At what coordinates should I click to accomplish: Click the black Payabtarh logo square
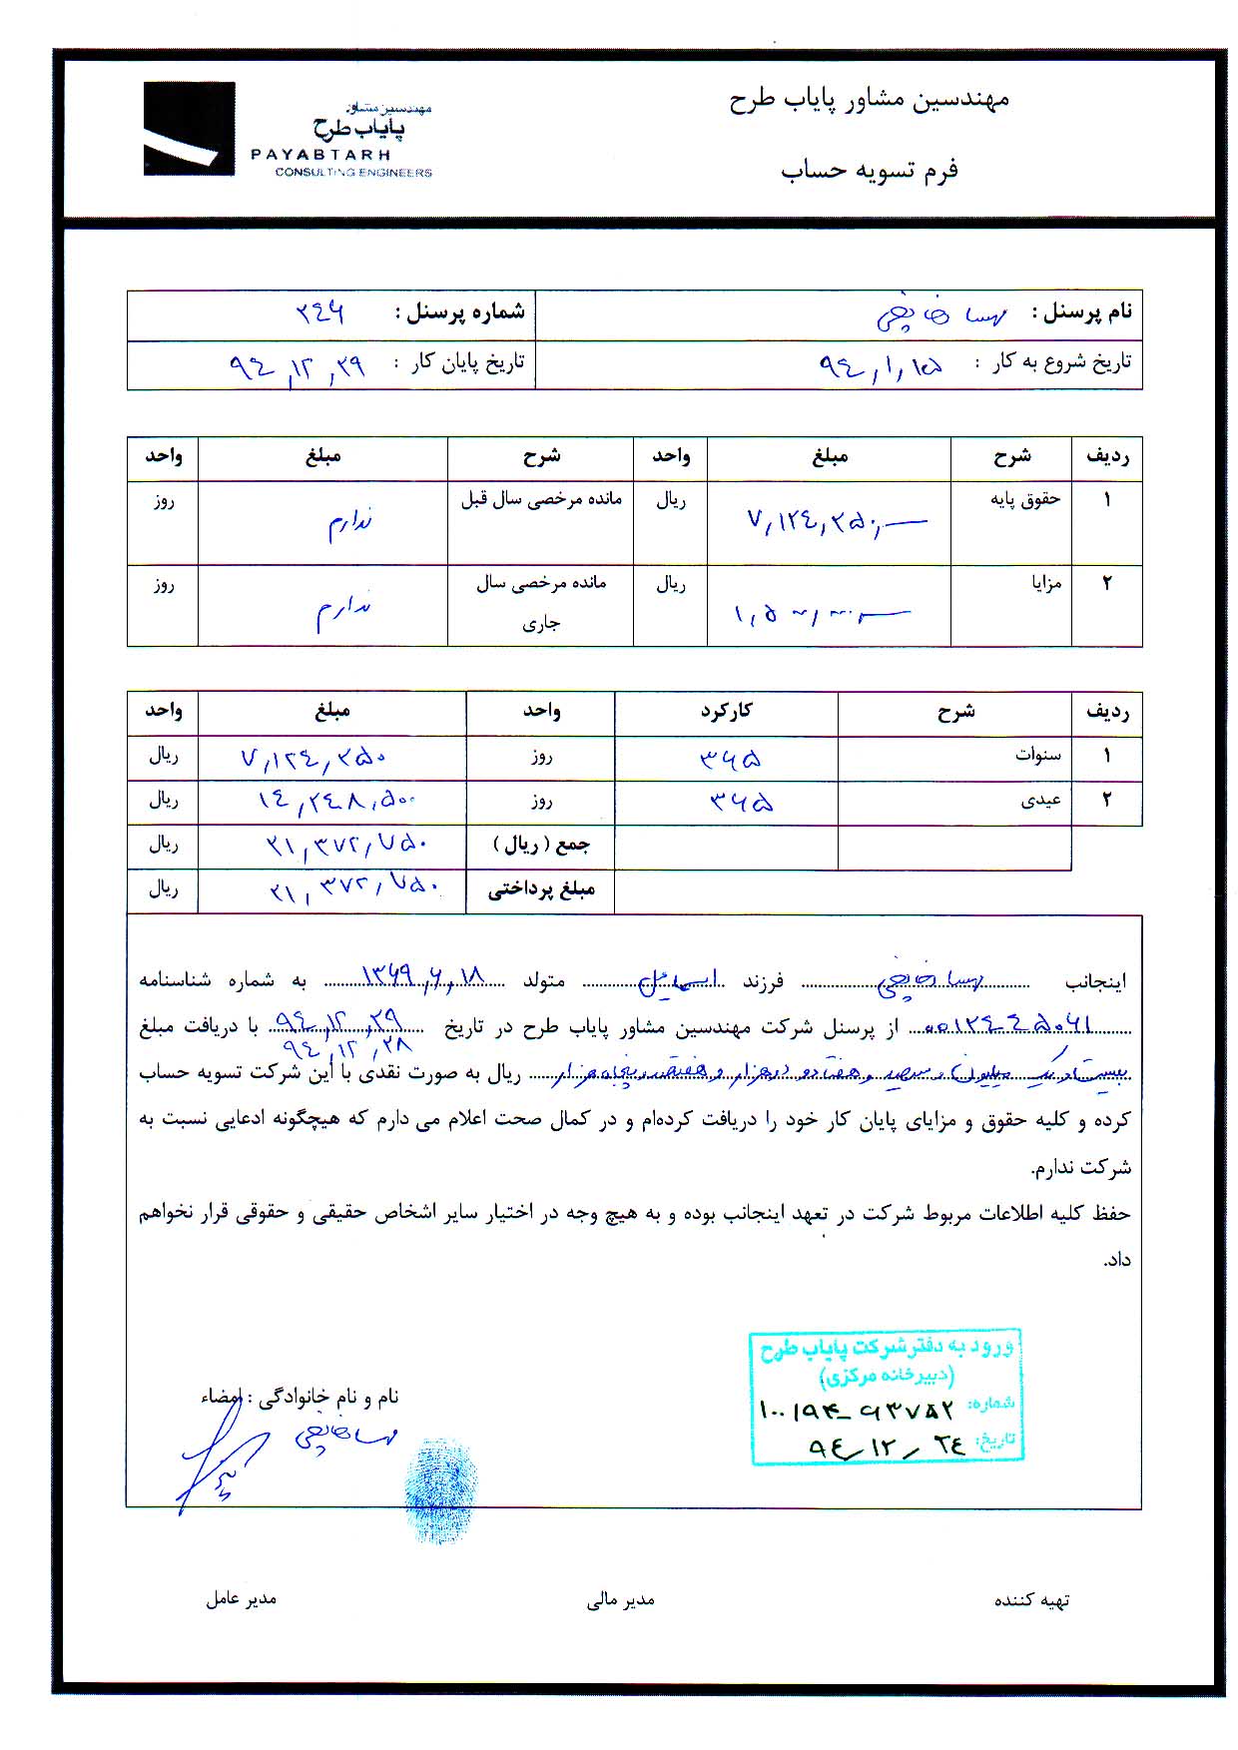[x=189, y=129]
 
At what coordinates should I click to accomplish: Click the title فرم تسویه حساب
[x=869, y=170]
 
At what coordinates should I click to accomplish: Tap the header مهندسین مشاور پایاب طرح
[x=869, y=99]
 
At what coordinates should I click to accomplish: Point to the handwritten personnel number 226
[x=319, y=312]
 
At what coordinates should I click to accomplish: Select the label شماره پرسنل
[x=459, y=312]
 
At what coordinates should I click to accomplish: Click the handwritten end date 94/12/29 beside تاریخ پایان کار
[x=297, y=366]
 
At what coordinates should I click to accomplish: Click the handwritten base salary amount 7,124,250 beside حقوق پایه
[x=834, y=520]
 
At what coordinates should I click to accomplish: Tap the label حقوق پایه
[x=1024, y=499]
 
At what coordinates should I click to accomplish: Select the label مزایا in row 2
[x=1045, y=582]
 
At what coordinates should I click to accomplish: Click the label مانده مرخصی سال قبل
[x=540, y=499]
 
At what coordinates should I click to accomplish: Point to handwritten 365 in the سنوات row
[x=730, y=760]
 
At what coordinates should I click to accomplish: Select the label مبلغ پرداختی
[x=540, y=890]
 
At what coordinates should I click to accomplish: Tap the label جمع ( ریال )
[x=540, y=846]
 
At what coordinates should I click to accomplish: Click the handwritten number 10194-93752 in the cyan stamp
[x=856, y=1410]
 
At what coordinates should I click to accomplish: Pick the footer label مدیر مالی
[x=620, y=1599]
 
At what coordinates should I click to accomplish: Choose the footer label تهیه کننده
[x=1030, y=1600]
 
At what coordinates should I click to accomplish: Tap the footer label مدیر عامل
[x=241, y=1598]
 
